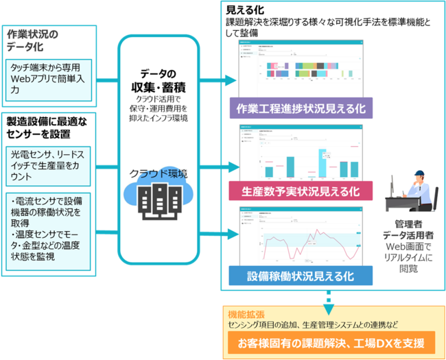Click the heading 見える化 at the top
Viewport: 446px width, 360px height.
(x=245, y=9)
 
